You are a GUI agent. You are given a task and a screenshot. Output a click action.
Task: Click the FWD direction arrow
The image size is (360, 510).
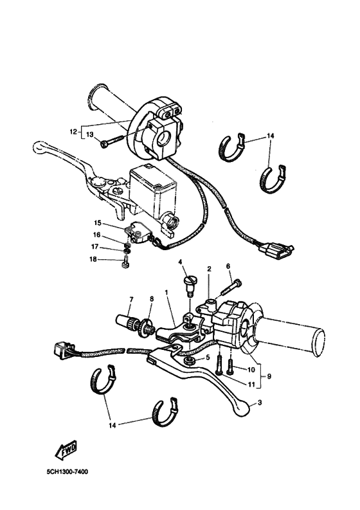tap(66, 450)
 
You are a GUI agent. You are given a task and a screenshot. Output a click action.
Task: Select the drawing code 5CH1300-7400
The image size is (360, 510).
tap(67, 471)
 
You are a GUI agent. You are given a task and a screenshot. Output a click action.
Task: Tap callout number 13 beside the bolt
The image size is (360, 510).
tap(90, 134)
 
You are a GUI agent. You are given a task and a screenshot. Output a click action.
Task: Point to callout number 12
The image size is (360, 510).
tap(73, 132)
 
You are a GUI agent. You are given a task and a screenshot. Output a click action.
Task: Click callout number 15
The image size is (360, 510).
tap(98, 223)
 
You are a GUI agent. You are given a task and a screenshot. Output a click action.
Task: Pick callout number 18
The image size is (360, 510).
tap(93, 259)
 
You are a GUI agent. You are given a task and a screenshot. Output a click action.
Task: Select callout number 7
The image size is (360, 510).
tap(131, 300)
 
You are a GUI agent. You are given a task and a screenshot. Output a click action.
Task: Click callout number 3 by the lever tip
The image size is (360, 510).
tap(259, 403)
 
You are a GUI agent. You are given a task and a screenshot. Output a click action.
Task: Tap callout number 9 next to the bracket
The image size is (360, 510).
tap(269, 376)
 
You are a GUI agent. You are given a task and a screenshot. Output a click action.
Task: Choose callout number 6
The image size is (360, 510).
tap(228, 266)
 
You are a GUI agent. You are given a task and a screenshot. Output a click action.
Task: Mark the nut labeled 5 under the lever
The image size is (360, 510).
tap(189, 360)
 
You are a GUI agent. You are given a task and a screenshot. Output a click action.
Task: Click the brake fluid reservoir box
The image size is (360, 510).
tap(152, 192)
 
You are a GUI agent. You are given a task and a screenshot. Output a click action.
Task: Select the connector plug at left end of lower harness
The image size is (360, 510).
tap(64, 350)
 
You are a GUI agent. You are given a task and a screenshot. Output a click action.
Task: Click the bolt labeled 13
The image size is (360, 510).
tap(112, 141)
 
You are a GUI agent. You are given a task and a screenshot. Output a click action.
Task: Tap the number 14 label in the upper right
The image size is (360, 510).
tap(270, 136)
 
